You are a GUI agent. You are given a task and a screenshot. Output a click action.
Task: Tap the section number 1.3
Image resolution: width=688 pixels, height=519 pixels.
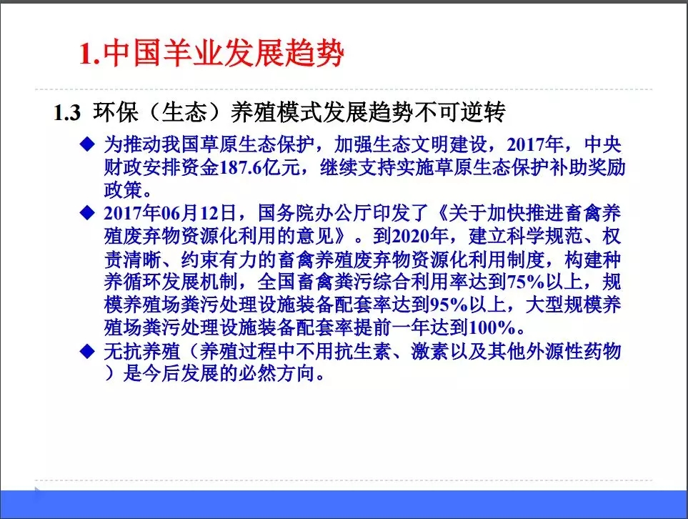(x=69, y=114)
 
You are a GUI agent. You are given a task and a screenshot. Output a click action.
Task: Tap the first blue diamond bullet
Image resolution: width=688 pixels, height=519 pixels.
(x=87, y=144)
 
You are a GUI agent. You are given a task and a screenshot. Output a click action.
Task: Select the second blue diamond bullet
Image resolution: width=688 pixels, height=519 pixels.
(x=87, y=213)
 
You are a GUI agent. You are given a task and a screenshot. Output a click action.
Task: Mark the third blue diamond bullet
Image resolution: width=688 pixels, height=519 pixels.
(x=87, y=350)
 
